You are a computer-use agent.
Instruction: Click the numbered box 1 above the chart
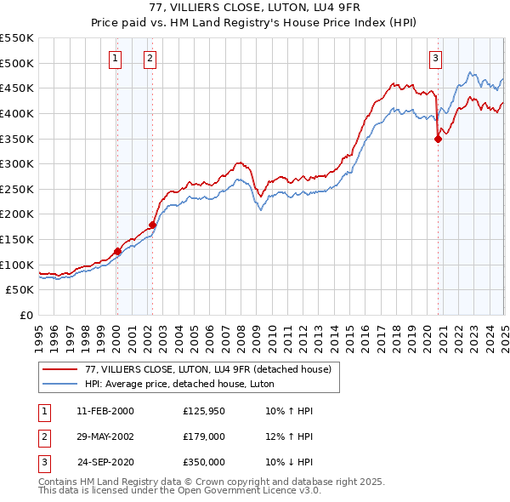[115, 59]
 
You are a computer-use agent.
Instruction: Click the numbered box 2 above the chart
[150, 59]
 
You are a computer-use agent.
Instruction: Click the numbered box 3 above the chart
[434, 59]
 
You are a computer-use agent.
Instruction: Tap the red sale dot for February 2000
[117, 251]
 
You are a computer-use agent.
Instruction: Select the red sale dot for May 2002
[153, 225]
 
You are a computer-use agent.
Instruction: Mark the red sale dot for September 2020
[439, 139]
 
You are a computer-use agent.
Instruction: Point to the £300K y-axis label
[17, 163]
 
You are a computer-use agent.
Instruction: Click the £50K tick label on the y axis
[20, 289]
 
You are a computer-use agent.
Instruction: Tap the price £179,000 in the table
[204, 436]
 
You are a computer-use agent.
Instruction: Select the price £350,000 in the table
[204, 462]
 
